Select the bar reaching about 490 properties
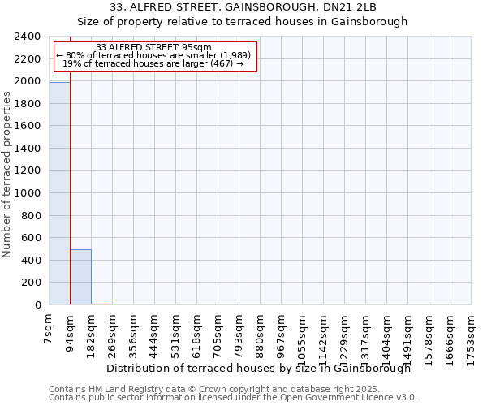(80, 277)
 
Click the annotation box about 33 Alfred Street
(153, 56)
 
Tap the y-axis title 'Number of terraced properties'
(7, 175)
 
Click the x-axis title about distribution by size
(259, 368)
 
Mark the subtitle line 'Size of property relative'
(243, 22)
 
